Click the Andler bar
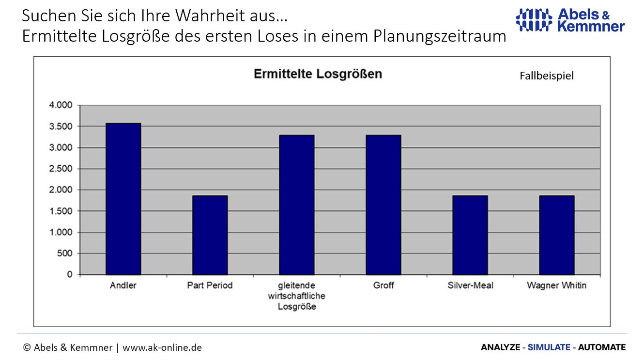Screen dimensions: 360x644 (x=123, y=199)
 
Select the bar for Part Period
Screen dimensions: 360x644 (x=210, y=235)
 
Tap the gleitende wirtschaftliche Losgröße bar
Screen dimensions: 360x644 (x=296, y=205)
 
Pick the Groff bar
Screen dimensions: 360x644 (x=383, y=205)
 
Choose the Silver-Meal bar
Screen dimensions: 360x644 (x=470, y=235)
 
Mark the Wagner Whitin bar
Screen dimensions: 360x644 (x=556, y=235)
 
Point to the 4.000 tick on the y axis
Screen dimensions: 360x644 (x=61, y=105)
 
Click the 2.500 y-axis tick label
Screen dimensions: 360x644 (x=61, y=169)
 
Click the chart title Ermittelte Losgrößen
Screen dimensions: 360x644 (x=318, y=74)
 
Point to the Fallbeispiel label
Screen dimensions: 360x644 (x=547, y=76)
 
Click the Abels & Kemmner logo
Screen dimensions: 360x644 (x=570, y=20)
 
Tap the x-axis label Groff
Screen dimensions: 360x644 (x=383, y=285)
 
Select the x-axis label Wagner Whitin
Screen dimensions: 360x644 (x=556, y=285)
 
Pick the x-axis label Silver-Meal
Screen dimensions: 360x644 (x=470, y=285)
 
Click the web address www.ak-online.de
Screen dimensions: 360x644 (x=162, y=347)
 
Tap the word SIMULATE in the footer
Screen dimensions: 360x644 (x=548, y=347)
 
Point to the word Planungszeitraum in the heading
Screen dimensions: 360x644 (x=440, y=36)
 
